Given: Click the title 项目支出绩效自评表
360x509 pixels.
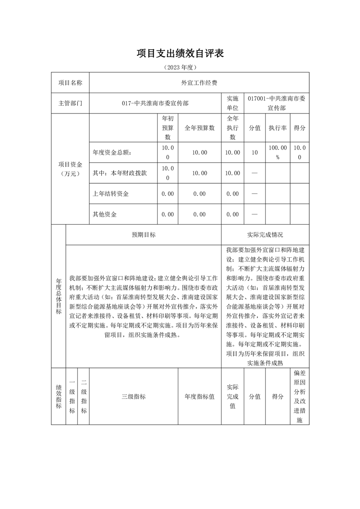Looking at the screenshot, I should click(180, 54).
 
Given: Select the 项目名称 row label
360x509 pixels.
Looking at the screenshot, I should click(70, 83).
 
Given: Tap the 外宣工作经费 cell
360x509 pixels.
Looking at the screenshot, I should click(199, 83).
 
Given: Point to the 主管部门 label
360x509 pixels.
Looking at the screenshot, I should click(70, 103).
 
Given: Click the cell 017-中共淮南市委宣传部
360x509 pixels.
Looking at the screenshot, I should click(155, 103).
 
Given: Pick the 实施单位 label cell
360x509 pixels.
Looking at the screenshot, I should click(232, 103).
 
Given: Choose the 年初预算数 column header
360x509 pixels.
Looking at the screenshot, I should click(168, 128).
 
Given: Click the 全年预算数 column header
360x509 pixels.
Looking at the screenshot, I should click(199, 128).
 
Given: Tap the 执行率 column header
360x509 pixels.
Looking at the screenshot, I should click(277, 128).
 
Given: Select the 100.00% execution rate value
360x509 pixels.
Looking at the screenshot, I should click(277, 152).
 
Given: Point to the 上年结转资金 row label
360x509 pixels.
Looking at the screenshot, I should click(111, 194).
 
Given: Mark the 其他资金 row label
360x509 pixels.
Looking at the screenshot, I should click(105, 214).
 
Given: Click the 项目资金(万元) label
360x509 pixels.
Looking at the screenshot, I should click(70, 169).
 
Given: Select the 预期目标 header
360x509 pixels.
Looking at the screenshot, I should click(143, 235).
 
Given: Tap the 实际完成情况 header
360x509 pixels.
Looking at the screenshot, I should click(265, 235).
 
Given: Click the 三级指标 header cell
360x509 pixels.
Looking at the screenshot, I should click(133, 396).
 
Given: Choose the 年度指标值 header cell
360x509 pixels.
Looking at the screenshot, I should click(199, 396).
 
